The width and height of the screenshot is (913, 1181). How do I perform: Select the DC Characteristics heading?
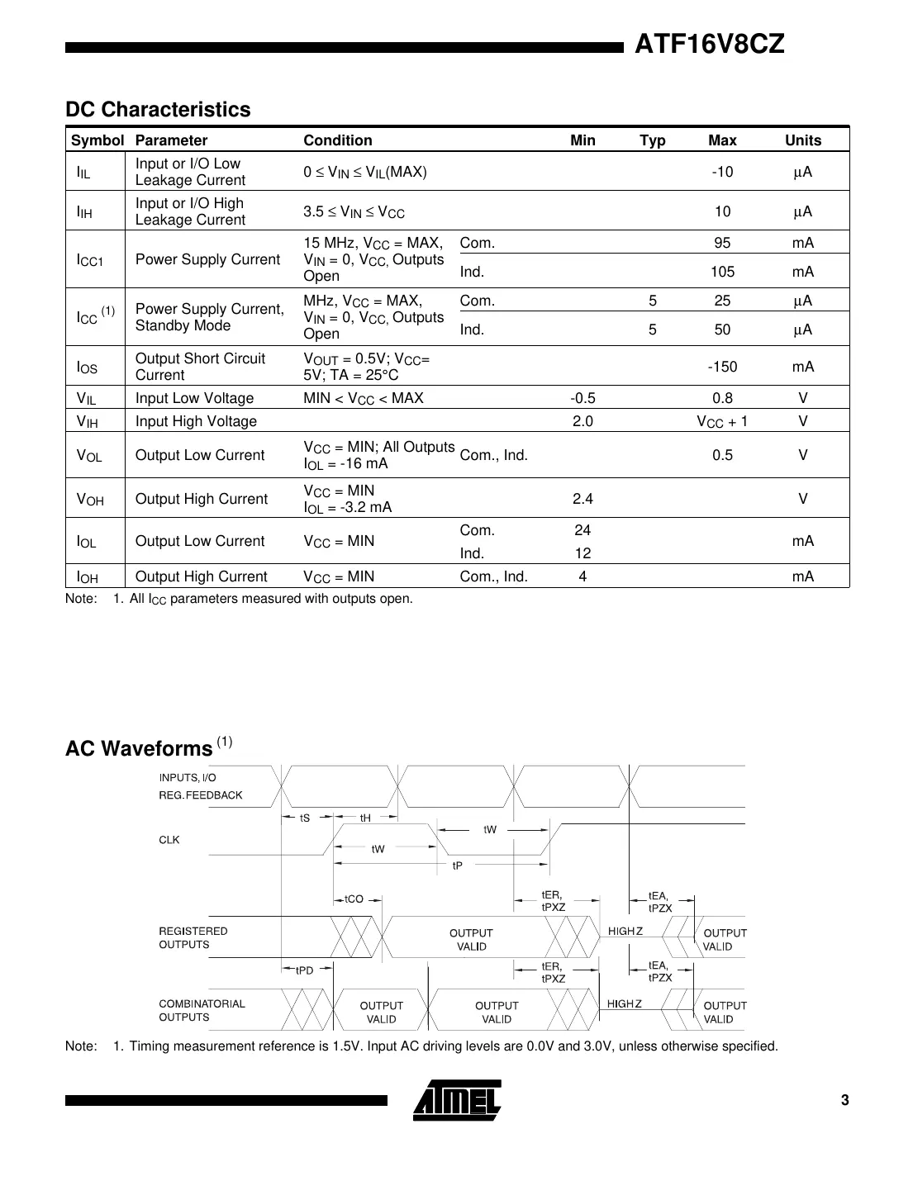coord(158,110)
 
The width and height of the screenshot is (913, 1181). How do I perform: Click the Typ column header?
coord(652,140)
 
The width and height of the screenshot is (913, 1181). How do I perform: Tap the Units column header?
coord(802,140)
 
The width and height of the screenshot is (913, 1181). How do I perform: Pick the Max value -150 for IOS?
coord(722,367)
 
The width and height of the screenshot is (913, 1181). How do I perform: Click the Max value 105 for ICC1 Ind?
coord(722,272)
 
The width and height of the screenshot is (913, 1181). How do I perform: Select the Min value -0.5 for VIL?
coord(583,398)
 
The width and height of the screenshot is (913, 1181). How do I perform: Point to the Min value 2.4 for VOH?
coord(583,499)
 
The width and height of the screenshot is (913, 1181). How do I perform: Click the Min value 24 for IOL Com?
coord(583,530)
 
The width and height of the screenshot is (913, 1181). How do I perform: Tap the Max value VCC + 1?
coord(722,421)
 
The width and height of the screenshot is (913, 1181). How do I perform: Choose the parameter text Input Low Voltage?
coord(194,398)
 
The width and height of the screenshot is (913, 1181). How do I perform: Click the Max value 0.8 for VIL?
coord(722,398)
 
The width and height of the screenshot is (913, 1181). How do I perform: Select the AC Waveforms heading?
coord(139,748)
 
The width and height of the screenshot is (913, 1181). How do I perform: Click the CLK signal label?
coord(169,840)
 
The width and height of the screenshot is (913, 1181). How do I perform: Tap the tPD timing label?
coord(305,970)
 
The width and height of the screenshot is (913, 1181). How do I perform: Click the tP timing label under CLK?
coord(457,866)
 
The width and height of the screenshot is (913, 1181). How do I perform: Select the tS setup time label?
coord(305,818)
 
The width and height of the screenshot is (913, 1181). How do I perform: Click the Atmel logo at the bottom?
coord(457,1100)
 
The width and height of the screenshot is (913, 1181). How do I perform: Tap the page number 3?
coord(844,1100)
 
